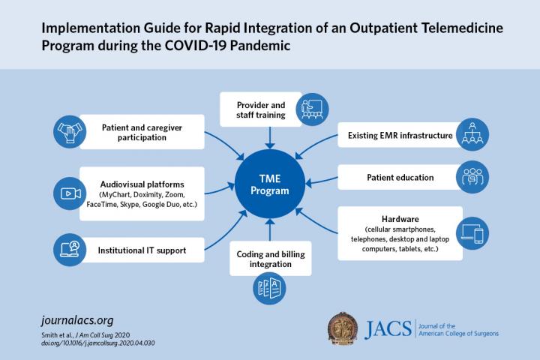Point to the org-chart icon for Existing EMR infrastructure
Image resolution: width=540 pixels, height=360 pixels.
coord(472,136)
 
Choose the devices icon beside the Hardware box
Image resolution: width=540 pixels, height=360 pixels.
coord(472,233)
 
